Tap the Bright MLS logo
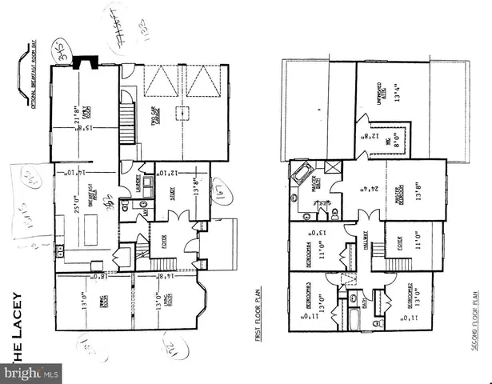[32, 373]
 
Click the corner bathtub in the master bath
[304, 174]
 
